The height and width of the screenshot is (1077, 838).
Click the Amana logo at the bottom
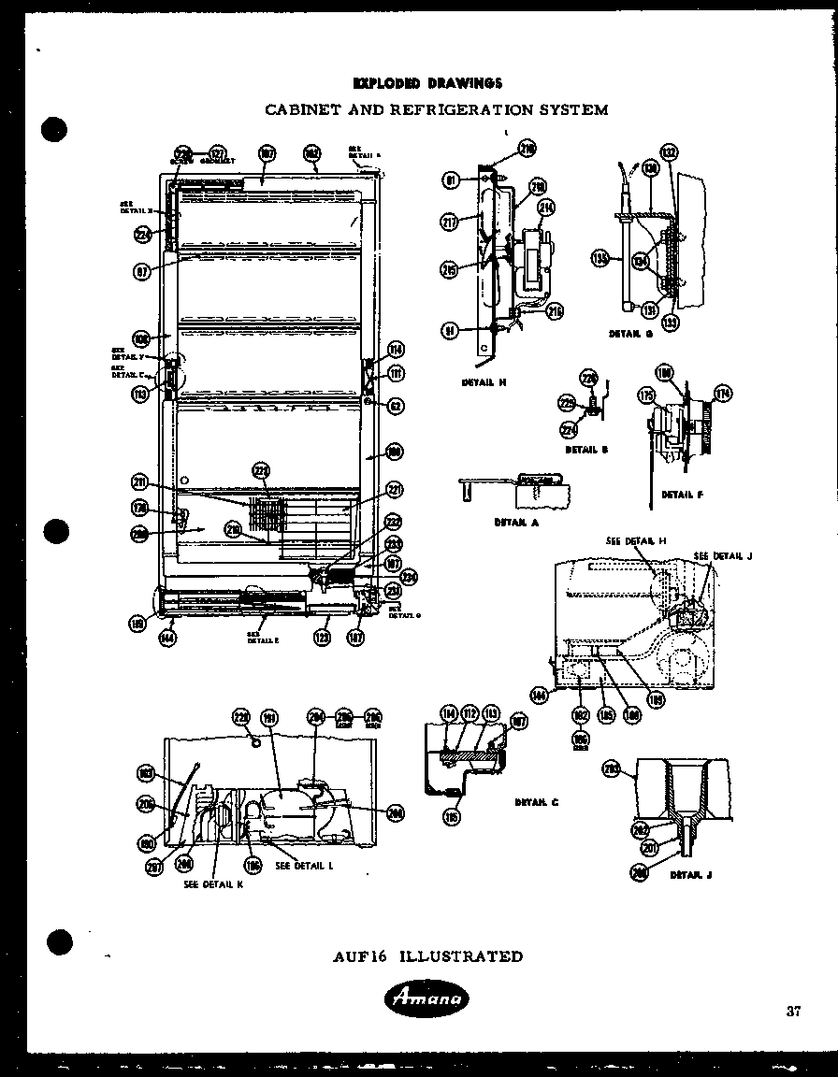[x=426, y=1001]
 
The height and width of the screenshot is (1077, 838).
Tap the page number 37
[x=793, y=1010]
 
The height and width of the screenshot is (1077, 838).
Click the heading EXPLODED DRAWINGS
[x=427, y=83]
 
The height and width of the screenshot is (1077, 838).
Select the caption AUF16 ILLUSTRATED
[x=427, y=956]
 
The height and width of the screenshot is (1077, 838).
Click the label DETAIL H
[x=484, y=382]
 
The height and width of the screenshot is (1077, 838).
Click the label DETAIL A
[x=516, y=523]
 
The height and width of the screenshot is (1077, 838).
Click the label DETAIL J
[x=690, y=875]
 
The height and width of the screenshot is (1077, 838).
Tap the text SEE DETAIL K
[x=213, y=884]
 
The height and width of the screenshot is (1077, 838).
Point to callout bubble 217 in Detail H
[x=449, y=222]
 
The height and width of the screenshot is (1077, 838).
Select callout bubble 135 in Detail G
[x=600, y=256]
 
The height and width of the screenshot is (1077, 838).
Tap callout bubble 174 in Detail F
[x=722, y=392]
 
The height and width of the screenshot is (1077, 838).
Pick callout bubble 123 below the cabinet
[x=322, y=638]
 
